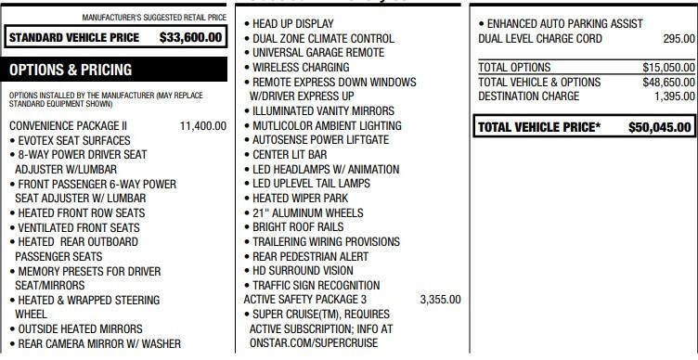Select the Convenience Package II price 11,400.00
pyautogui.click(x=202, y=125)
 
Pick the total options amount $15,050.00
pyautogui.click(x=668, y=68)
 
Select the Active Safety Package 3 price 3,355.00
pyautogui.click(x=440, y=300)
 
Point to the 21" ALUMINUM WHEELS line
pyautogui.click(x=310, y=213)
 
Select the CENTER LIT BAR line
pyautogui.click(x=290, y=155)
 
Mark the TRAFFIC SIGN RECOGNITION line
pyautogui.click(x=316, y=286)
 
